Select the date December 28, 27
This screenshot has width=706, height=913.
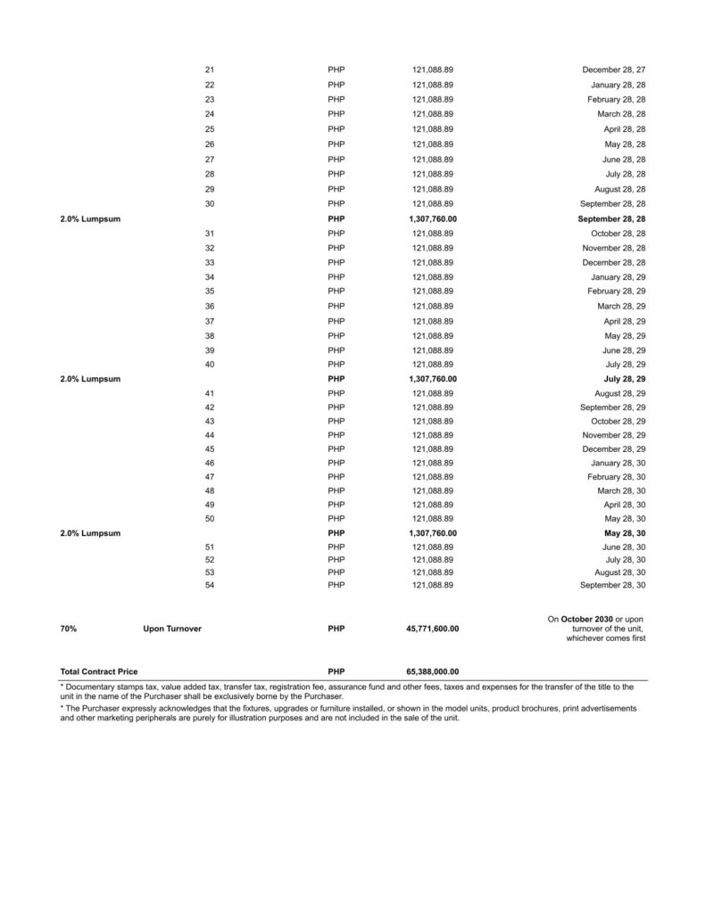tap(613, 70)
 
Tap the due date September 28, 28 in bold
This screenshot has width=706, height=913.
tap(611, 218)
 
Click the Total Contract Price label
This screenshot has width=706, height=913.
tap(98, 670)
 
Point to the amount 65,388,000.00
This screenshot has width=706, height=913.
tap(433, 670)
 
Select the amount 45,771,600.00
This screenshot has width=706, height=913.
tap(433, 629)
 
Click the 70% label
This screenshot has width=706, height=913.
tap(68, 629)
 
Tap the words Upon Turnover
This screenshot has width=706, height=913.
tap(172, 629)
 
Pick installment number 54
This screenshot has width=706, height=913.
tap(210, 585)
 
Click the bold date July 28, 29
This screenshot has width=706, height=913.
tap(625, 379)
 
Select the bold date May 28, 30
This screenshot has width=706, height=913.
tap(625, 533)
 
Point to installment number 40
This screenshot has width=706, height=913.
tap(210, 365)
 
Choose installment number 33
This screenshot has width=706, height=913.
tap(210, 263)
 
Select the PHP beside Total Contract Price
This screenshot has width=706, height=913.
tap(336, 670)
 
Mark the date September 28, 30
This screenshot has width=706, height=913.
tap(612, 585)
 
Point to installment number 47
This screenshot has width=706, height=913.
tap(210, 477)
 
